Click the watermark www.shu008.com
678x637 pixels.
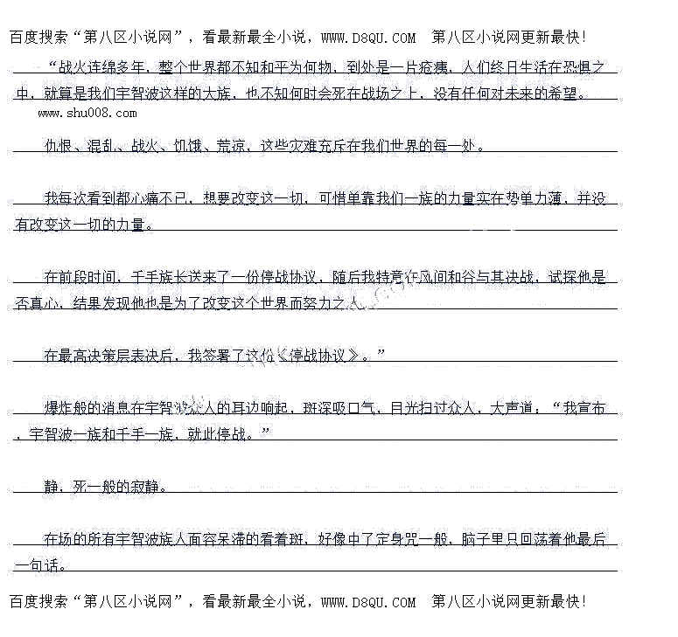[x=87, y=113]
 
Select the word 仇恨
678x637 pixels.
[x=59, y=146]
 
